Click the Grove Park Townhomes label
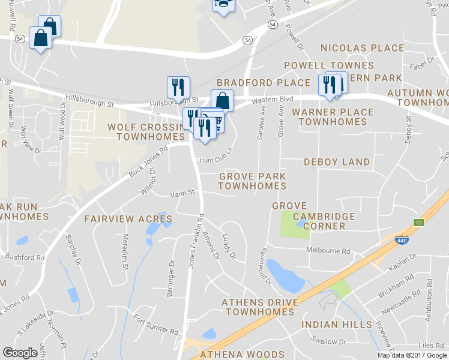click(252, 181)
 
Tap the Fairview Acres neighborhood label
click(128, 218)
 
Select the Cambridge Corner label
click(324, 221)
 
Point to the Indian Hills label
click(336, 325)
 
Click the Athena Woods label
click(240, 355)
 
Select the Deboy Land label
click(337, 162)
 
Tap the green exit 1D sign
click(418, 223)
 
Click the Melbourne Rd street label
click(328, 250)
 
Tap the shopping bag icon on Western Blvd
click(222, 100)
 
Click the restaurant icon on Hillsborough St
click(178, 87)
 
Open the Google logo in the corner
click(20, 353)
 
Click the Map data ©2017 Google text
click(412, 355)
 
